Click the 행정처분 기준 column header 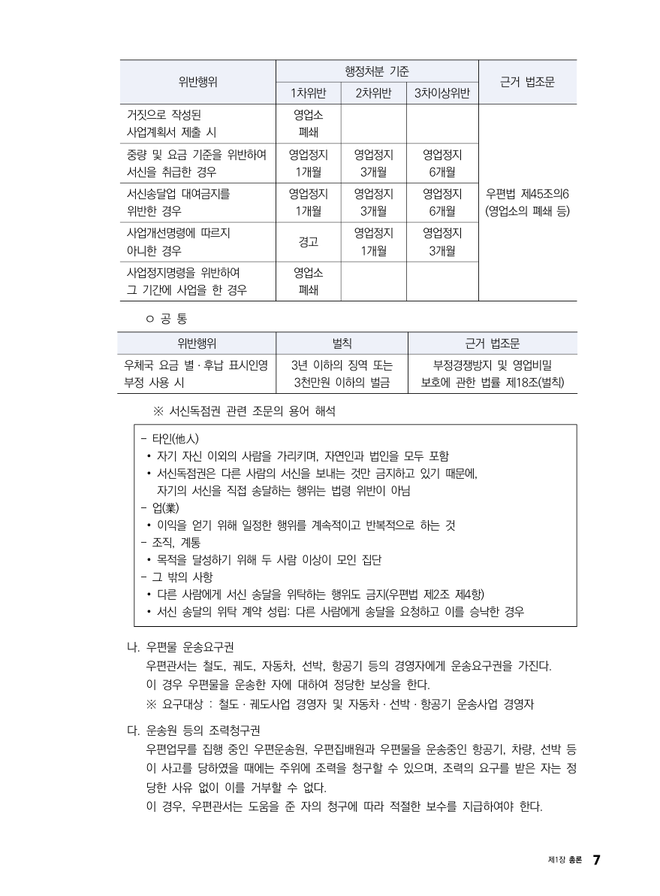(x=377, y=71)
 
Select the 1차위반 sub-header (x=309, y=93)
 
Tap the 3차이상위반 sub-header (x=442, y=93)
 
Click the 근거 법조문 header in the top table (x=527, y=82)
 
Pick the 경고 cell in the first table (x=309, y=242)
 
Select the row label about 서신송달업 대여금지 (x=179, y=202)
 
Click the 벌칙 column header (x=342, y=344)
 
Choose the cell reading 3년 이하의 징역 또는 (x=342, y=366)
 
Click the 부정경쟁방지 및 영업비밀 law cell (x=493, y=366)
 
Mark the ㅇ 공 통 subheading (x=167, y=319)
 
